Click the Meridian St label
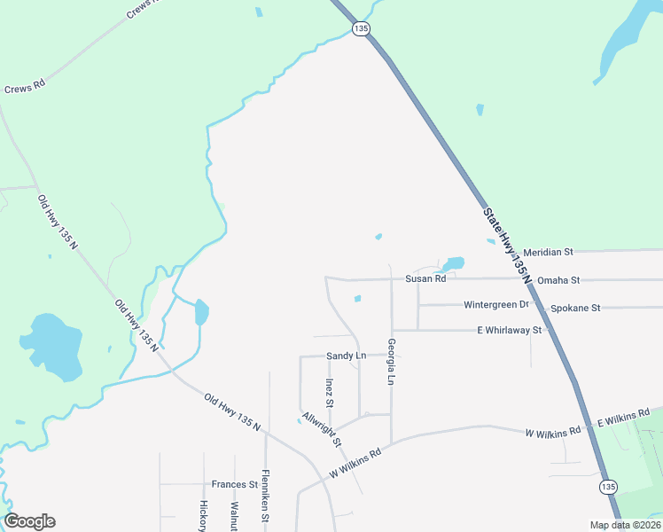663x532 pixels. pos(549,252)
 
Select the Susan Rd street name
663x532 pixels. pos(425,278)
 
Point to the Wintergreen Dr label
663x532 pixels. pos(495,305)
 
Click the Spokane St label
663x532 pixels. pos(575,308)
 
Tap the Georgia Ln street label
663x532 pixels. pos(390,362)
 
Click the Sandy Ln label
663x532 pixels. pos(347,356)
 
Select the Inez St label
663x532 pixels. pos(329,393)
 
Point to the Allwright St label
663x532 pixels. pos(321,429)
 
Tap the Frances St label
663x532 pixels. pos(235,485)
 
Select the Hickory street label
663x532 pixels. pos(203,515)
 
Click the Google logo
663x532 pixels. pos(29,521)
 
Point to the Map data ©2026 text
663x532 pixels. pos(624,525)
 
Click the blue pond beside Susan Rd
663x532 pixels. pos(453,263)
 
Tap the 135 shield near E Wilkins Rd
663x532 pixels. pos(607,487)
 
